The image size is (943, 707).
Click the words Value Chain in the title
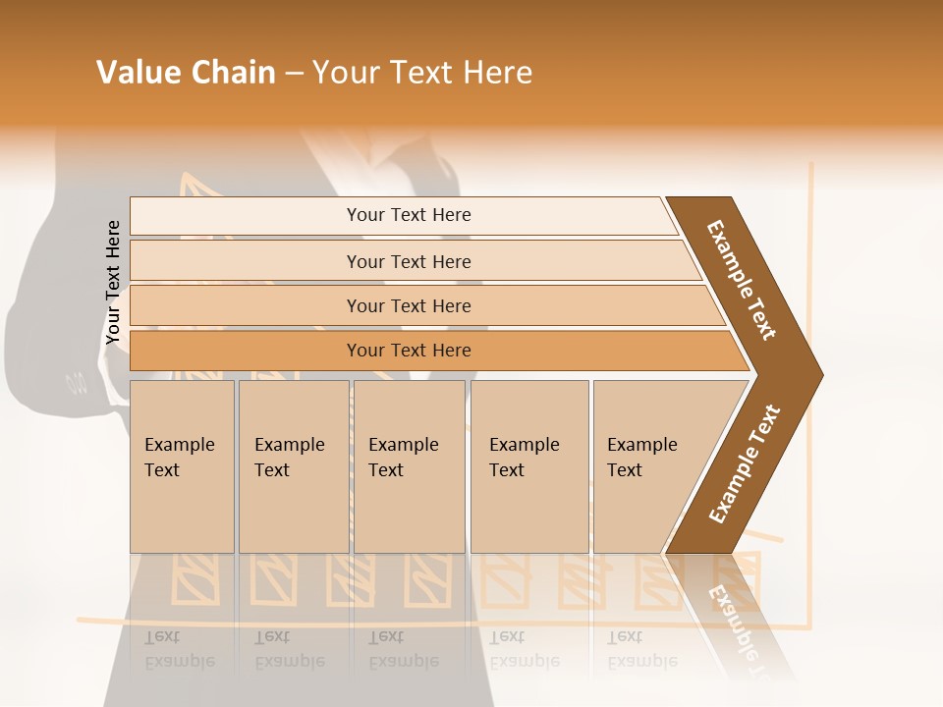pos(186,73)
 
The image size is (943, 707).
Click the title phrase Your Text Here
pos(422,73)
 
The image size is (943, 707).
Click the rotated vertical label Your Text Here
pos(113,282)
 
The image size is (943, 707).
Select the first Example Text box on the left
pos(182,466)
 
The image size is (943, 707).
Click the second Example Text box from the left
pos(294,466)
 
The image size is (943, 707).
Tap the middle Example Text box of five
pos(409,466)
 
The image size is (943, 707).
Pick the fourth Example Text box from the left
pos(529,466)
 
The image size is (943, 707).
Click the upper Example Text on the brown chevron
pos(742,280)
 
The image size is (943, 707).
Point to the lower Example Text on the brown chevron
pos(745,463)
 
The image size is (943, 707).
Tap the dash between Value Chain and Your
pos(294,74)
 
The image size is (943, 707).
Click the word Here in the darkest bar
pos(452,351)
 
